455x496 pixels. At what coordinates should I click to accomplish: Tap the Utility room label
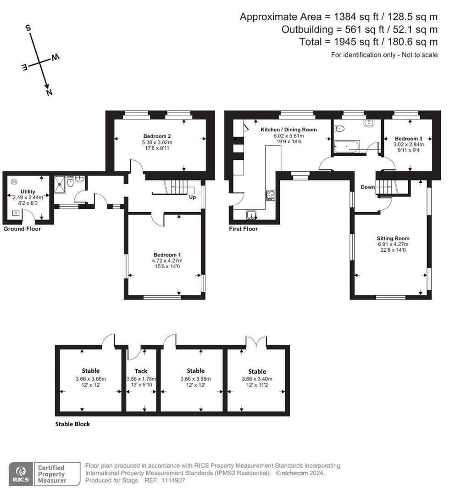[28, 192]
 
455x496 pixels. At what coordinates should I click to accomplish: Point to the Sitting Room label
[393, 238]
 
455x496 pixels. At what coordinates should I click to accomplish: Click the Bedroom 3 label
[408, 139]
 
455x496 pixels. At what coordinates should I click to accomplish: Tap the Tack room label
[141, 371]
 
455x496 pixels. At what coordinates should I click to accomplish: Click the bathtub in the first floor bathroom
[347, 147]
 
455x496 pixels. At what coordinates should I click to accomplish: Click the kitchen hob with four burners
[270, 195]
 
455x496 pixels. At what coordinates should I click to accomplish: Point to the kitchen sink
[251, 214]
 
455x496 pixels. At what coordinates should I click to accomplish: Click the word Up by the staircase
[193, 197]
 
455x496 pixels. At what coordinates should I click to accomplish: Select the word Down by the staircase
[367, 187]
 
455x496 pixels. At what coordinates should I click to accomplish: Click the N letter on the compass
[49, 92]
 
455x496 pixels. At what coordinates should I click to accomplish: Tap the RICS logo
[21, 473]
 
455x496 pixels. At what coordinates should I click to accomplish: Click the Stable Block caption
[72, 424]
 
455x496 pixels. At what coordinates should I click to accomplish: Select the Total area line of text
[368, 42]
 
